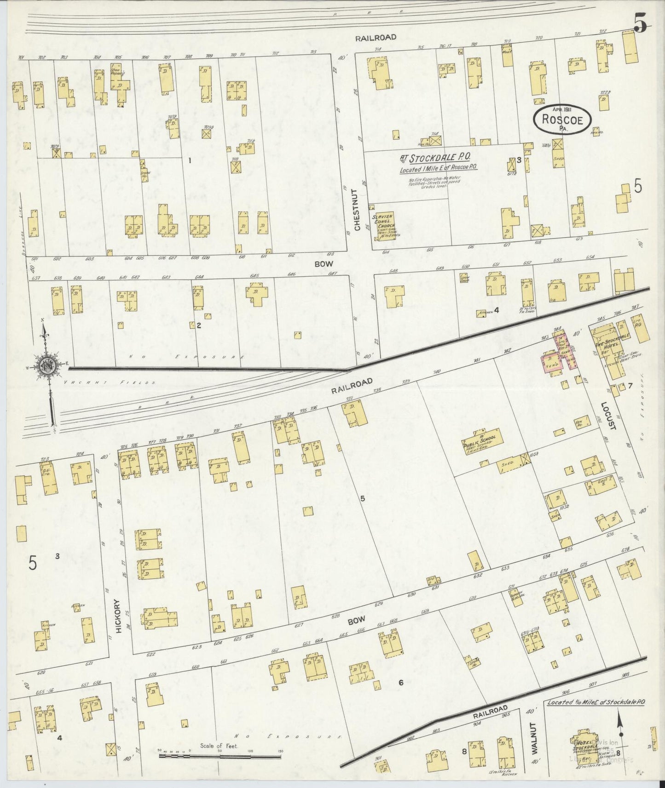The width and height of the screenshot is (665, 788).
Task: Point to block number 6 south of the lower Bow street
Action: point(401,683)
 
